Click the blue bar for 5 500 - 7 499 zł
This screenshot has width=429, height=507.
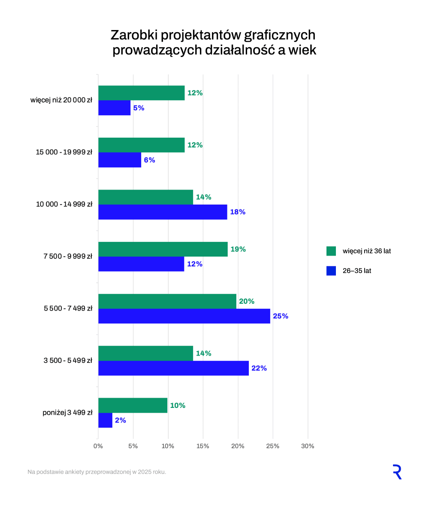[184, 316]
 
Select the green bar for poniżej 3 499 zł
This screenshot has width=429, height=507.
[133, 405]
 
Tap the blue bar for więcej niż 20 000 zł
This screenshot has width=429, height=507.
[114, 108]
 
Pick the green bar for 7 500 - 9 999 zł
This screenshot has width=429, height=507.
[163, 249]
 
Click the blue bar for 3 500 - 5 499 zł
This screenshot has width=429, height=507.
[173, 368]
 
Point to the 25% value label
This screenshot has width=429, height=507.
[281, 316]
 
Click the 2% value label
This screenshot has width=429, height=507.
[121, 420]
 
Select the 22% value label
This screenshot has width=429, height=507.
[259, 368]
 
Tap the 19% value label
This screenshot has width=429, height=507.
[238, 249]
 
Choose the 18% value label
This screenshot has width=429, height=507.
[238, 212]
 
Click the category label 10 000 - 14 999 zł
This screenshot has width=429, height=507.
[64, 205]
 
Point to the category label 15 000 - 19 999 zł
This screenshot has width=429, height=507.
[64, 152]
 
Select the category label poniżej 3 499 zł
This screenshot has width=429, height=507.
[67, 413]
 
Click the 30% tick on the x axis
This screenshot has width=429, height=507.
[308, 446]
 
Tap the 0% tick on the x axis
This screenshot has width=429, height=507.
[98, 446]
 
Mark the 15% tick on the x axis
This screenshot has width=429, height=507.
[203, 446]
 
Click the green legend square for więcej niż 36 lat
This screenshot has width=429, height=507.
[331, 251]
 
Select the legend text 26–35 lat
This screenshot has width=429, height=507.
[356, 271]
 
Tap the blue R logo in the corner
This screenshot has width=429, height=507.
[397, 472]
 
